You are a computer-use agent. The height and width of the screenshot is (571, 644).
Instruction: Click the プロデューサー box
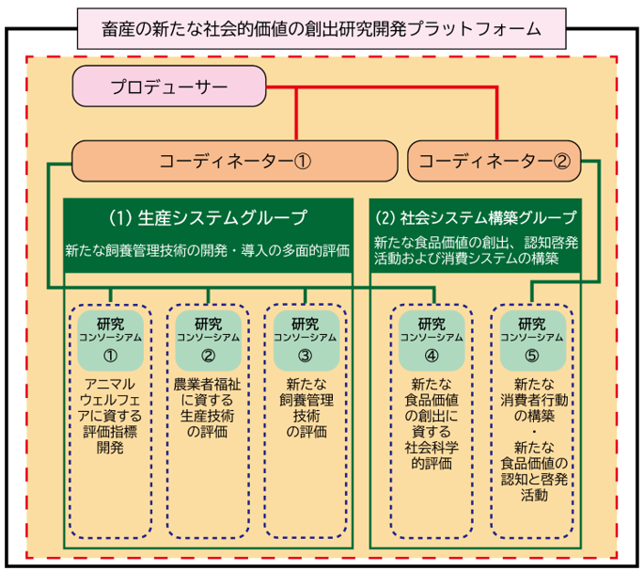pyautogui.click(x=169, y=88)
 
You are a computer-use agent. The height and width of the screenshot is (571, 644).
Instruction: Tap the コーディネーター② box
pyautogui.click(x=495, y=160)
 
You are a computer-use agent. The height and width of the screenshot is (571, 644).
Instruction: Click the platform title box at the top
pyautogui.click(x=322, y=28)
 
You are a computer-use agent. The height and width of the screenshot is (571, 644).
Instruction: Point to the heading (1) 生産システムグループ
pyautogui.click(x=208, y=218)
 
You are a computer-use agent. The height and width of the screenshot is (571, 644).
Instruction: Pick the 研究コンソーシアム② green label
pyautogui.click(x=209, y=338)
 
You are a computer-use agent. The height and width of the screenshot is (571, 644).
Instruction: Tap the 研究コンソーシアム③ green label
pyautogui.click(x=305, y=338)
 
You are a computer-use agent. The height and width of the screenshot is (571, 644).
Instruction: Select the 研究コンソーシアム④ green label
pyautogui.click(x=432, y=338)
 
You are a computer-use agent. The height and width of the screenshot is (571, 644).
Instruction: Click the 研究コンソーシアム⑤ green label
pyautogui.click(x=532, y=338)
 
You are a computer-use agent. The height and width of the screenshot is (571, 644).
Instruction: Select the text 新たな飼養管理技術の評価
pyautogui.click(x=305, y=407)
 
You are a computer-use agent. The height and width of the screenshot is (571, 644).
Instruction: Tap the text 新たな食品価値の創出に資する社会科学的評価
pyautogui.click(x=432, y=422)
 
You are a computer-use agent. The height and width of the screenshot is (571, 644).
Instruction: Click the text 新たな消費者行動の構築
pyautogui.click(x=532, y=399)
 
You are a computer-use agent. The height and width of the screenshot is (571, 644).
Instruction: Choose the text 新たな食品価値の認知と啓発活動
pyautogui.click(x=532, y=470)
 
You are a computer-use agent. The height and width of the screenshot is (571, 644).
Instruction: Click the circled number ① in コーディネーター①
pyautogui.click(x=303, y=161)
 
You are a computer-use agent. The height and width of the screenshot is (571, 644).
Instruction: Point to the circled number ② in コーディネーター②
pyautogui.click(x=561, y=161)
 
